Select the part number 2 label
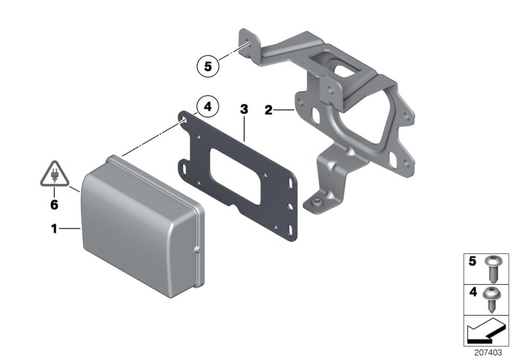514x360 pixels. point(268,110)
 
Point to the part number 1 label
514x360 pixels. point(55,228)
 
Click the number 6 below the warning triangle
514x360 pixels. point(54,204)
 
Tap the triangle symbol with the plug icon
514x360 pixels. point(54,175)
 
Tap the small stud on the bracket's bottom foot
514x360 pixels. point(318,203)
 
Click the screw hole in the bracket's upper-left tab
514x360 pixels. point(246,44)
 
